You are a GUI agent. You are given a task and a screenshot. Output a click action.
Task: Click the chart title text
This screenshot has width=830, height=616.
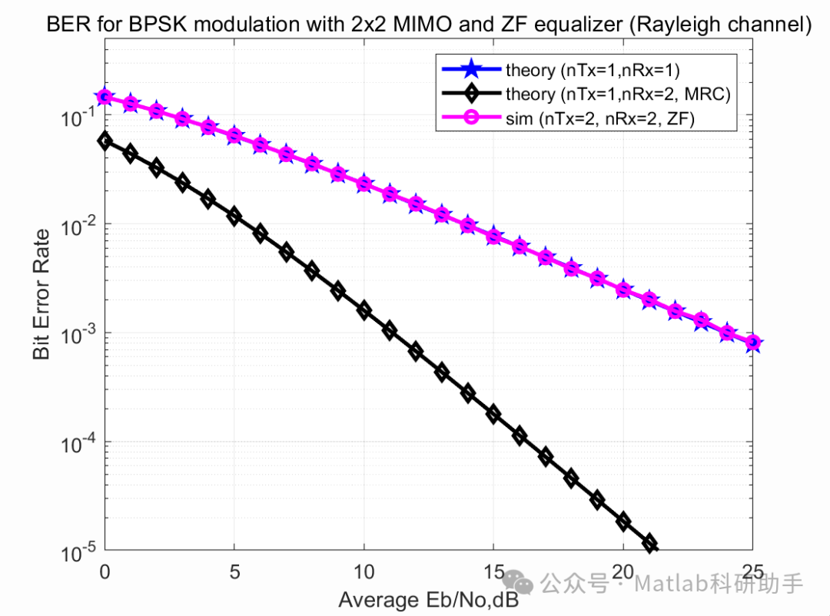tap(429, 25)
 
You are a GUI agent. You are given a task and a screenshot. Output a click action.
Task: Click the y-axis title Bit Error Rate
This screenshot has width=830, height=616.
tap(41, 294)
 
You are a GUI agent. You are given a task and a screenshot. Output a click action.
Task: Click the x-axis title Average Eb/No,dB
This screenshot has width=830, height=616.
tap(429, 600)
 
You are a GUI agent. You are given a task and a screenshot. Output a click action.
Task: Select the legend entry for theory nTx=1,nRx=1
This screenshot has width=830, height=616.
tap(593, 71)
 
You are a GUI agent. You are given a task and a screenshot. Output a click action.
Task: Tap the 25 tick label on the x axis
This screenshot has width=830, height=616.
tap(752, 571)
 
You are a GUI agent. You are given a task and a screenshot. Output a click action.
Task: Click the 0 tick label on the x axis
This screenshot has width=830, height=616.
tap(105, 571)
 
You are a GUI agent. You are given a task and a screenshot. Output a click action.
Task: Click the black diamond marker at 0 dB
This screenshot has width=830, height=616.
tap(105, 141)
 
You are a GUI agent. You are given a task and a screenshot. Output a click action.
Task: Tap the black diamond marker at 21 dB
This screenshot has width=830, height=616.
tap(650, 544)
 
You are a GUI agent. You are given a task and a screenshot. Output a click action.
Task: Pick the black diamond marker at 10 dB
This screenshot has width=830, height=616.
tap(364, 311)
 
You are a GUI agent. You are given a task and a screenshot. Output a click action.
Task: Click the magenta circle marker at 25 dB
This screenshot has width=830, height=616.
tap(753, 343)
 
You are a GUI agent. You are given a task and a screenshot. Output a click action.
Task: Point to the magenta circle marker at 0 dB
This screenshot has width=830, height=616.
tap(105, 97)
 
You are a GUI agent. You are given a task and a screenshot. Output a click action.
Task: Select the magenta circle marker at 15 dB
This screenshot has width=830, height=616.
tap(493, 237)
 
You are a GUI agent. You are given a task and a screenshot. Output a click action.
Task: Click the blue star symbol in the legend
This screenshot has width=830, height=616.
tap(470, 71)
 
